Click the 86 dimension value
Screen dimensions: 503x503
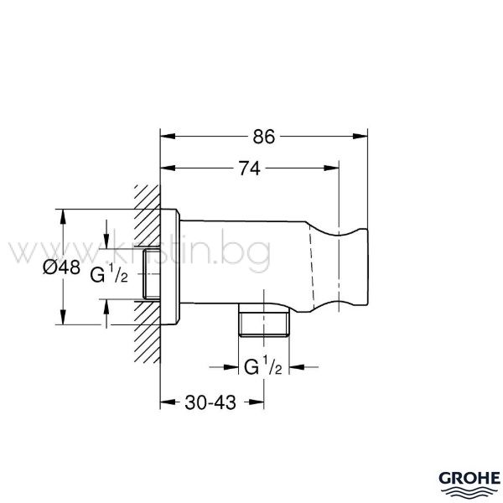pos(264,137)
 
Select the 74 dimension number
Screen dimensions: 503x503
pos(250,169)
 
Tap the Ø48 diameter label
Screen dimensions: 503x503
pos(61,267)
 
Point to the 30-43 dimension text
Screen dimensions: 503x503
pos(210,402)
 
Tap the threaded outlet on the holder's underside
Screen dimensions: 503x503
pos(264,320)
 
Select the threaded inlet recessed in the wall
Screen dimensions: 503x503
pos(152,273)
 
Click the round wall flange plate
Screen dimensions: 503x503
pos(170,267)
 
